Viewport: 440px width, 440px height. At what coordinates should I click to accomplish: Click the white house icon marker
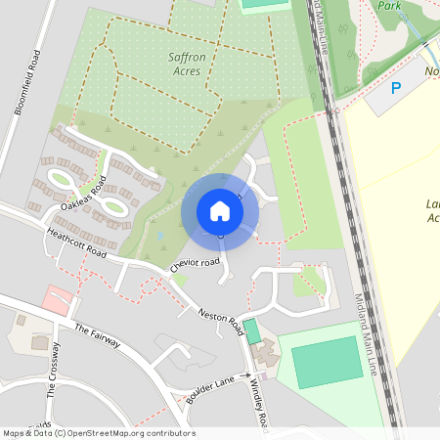220,211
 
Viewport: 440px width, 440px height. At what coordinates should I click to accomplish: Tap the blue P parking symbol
396,88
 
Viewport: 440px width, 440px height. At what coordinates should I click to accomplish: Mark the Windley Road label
260,401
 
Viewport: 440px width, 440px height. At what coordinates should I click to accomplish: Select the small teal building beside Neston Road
252,331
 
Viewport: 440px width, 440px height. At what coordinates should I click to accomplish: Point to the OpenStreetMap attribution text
98,433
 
